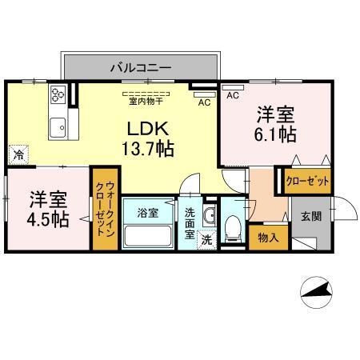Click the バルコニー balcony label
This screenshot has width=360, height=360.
140,68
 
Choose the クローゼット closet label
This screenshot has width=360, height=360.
307,182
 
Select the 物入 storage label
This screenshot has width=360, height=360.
268,238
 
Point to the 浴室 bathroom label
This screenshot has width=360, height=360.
146,213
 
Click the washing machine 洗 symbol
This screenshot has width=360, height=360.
206,239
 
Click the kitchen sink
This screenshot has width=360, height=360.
58,127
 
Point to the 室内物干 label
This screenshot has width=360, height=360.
144,101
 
